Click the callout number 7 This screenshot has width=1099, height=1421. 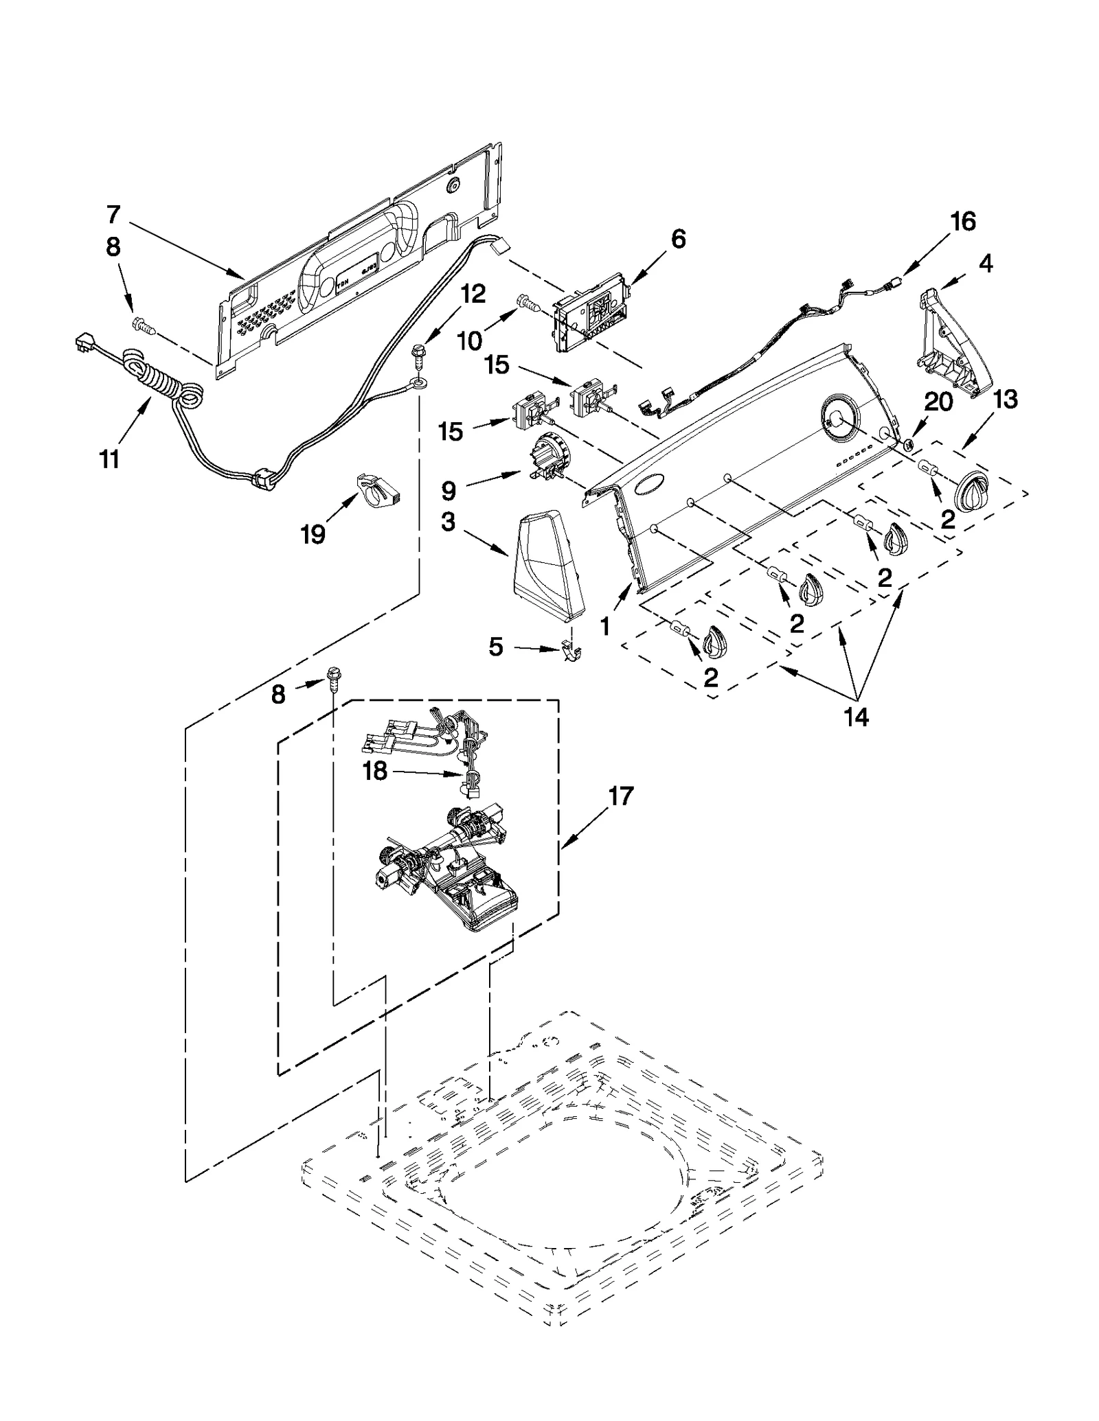coord(113,215)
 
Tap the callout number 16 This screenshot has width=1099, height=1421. coord(962,222)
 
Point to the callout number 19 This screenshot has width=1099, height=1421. coord(313,533)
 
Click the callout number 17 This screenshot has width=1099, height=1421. coord(620,796)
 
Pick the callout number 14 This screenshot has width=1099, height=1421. coord(857,717)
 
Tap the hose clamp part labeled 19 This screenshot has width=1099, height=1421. coord(376,491)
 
